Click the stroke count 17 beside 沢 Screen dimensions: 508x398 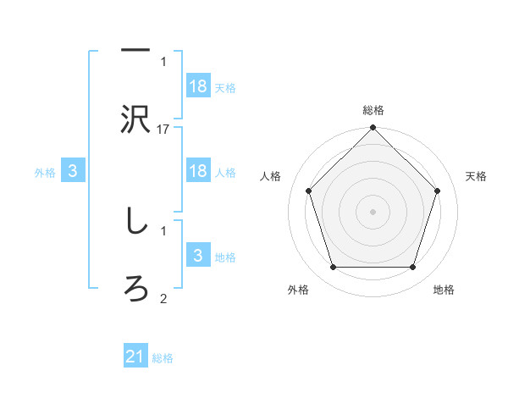(163, 129)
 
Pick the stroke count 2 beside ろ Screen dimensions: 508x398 (163, 297)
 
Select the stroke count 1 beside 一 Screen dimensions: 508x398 (163, 61)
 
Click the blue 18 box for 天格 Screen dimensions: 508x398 (198, 86)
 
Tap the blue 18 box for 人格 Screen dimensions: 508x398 (198, 171)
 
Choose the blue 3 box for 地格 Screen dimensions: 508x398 (198, 255)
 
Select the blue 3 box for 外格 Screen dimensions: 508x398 (73, 171)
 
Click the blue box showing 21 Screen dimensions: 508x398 (135, 357)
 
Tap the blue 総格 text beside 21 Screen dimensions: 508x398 (163, 358)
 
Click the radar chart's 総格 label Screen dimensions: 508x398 (373, 110)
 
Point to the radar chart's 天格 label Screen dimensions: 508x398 (476, 176)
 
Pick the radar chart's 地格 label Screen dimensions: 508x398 (444, 290)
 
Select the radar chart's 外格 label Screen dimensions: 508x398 (298, 290)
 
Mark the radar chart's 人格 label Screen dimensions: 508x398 (271, 176)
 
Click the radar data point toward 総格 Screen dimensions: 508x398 (373, 130)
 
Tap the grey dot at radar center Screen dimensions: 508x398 (373, 211)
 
